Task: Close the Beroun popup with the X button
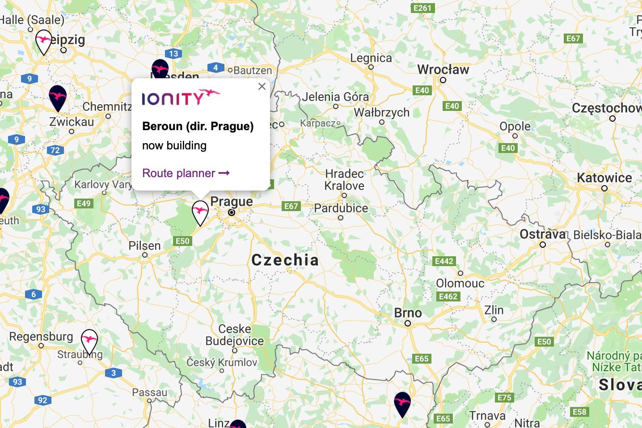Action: point(262,86)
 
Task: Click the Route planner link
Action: point(186,173)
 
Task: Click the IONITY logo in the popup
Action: point(181,97)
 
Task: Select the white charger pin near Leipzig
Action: point(43,41)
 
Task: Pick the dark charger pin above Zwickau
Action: point(58,97)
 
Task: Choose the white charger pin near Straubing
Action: point(89,341)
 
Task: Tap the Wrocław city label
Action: point(443,70)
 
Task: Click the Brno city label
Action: point(408,313)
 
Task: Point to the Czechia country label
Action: point(285,260)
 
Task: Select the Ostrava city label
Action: point(543,234)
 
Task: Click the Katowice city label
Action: point(604,178)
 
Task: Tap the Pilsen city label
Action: point(144,246)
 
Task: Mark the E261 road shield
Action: point(422,8)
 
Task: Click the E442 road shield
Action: point(443,261)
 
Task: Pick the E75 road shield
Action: point(504,398)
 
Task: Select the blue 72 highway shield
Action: point(55,150)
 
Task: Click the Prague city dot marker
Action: point(232,212)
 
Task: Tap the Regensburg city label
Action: point(41,336)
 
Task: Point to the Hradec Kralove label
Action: point(344,179)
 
